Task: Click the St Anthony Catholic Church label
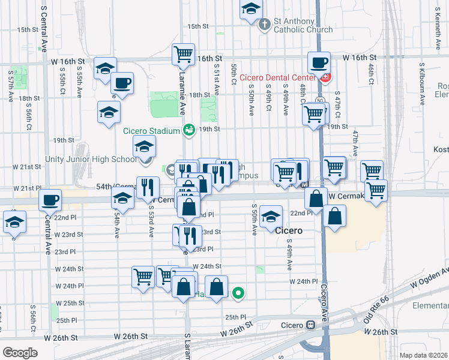point(303,25)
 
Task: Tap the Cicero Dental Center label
point(277,77)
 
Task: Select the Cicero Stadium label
point(152,131)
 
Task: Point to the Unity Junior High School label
point(91,160)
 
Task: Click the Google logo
point(20,352)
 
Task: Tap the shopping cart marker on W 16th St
point(184,54)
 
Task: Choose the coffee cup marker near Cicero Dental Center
point(319,62)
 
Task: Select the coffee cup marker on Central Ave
point(50,200)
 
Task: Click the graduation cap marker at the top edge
point(252,9)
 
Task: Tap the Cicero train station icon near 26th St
point(310,325)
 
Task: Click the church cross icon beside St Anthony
point(264,25)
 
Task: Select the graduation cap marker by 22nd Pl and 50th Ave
point(271,217)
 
